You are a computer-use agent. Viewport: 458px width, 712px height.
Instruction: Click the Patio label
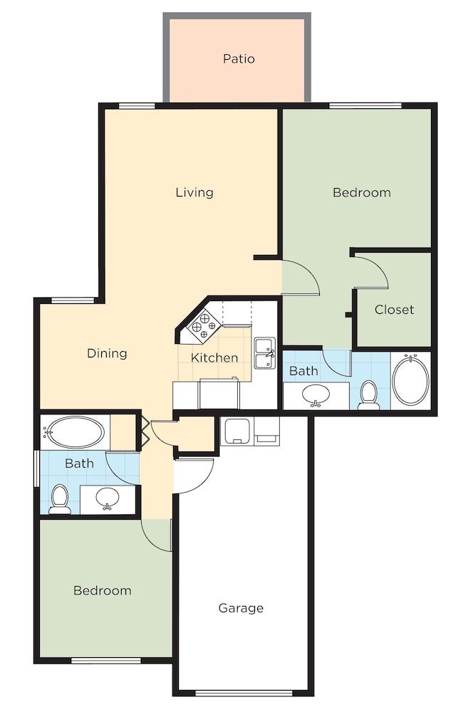pyautogui.click(x=239, y=58)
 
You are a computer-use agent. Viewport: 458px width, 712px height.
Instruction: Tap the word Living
pyautogui.click(x=194, y=192)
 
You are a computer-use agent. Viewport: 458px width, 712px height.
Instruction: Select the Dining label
pyautogui.click(x=107, y=353)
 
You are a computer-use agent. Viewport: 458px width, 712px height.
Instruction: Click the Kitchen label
pyautogui.click(x=214, y=357)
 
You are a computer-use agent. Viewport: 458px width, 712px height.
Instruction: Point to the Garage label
pyautogui.click(x=241, y=608)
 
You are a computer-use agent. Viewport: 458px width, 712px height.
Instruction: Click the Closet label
pyautogui.click(x=394, y=310)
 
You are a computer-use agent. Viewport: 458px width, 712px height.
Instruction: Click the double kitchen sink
pyautogui.click(x=266, y=353)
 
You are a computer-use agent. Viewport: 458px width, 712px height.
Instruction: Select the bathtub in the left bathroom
pyautogui.click(x=75, y=432)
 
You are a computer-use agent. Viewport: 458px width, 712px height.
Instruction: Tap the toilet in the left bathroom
pyautogui.click(x=60, y=499)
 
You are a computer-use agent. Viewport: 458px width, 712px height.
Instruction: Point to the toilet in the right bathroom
pyautogui.click(x=368, y=395)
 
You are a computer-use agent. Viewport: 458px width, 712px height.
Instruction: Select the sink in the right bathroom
pyautogui.click(x=316, y=394)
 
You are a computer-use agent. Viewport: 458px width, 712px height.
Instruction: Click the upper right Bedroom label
pyautogui.click(x=362, y=192)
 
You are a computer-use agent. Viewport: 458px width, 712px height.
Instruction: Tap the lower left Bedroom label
pyautogui.click(x=103, y=590)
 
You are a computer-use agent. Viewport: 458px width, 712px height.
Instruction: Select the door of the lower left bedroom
pyautogui.click(x=157, y=535)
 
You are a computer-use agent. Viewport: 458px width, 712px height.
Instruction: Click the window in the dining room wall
pyautogui.click(x=73, y=300)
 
